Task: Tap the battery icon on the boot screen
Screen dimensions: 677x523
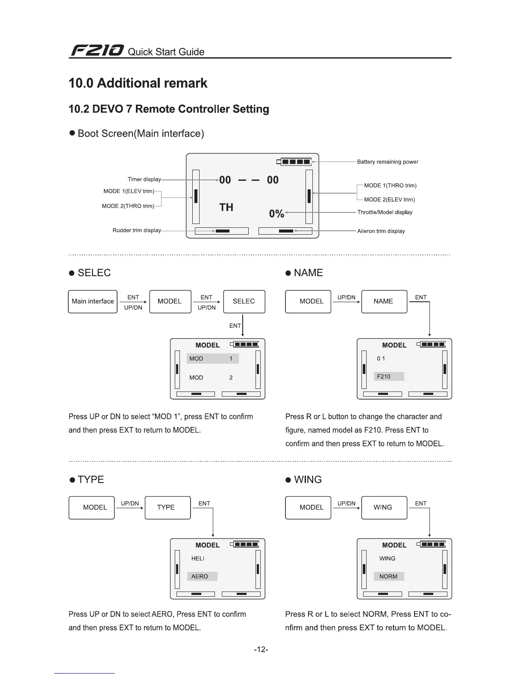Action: [x=294, y=162]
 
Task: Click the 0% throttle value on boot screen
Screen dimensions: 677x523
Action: [x=276, y=213]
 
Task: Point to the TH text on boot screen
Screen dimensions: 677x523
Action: [x=226, y=207]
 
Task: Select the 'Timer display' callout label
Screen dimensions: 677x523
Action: [x=144, y=180]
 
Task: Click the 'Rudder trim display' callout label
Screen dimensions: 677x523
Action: [x=137, y=230]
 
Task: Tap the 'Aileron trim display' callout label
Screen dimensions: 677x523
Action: [x=381, y=231]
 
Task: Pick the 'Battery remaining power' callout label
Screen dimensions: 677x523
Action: [x=388, y=162]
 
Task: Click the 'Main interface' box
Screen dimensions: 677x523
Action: [x=93, y=301]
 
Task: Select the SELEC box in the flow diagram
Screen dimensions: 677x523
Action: [x=244, y=301]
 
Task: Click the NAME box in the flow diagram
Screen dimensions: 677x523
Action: [x=384, y=301]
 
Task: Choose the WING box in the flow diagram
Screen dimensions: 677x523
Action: [x=384, y=507]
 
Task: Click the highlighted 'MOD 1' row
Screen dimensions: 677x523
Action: [x=212, y=359]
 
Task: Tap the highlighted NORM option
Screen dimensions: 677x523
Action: [x=388, y=577]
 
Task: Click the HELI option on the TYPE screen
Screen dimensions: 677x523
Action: [x=198, y=559]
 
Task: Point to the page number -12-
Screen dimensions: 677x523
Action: [x=261, y=650]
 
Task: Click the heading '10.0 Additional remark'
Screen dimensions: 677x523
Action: [x=138, y=83]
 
